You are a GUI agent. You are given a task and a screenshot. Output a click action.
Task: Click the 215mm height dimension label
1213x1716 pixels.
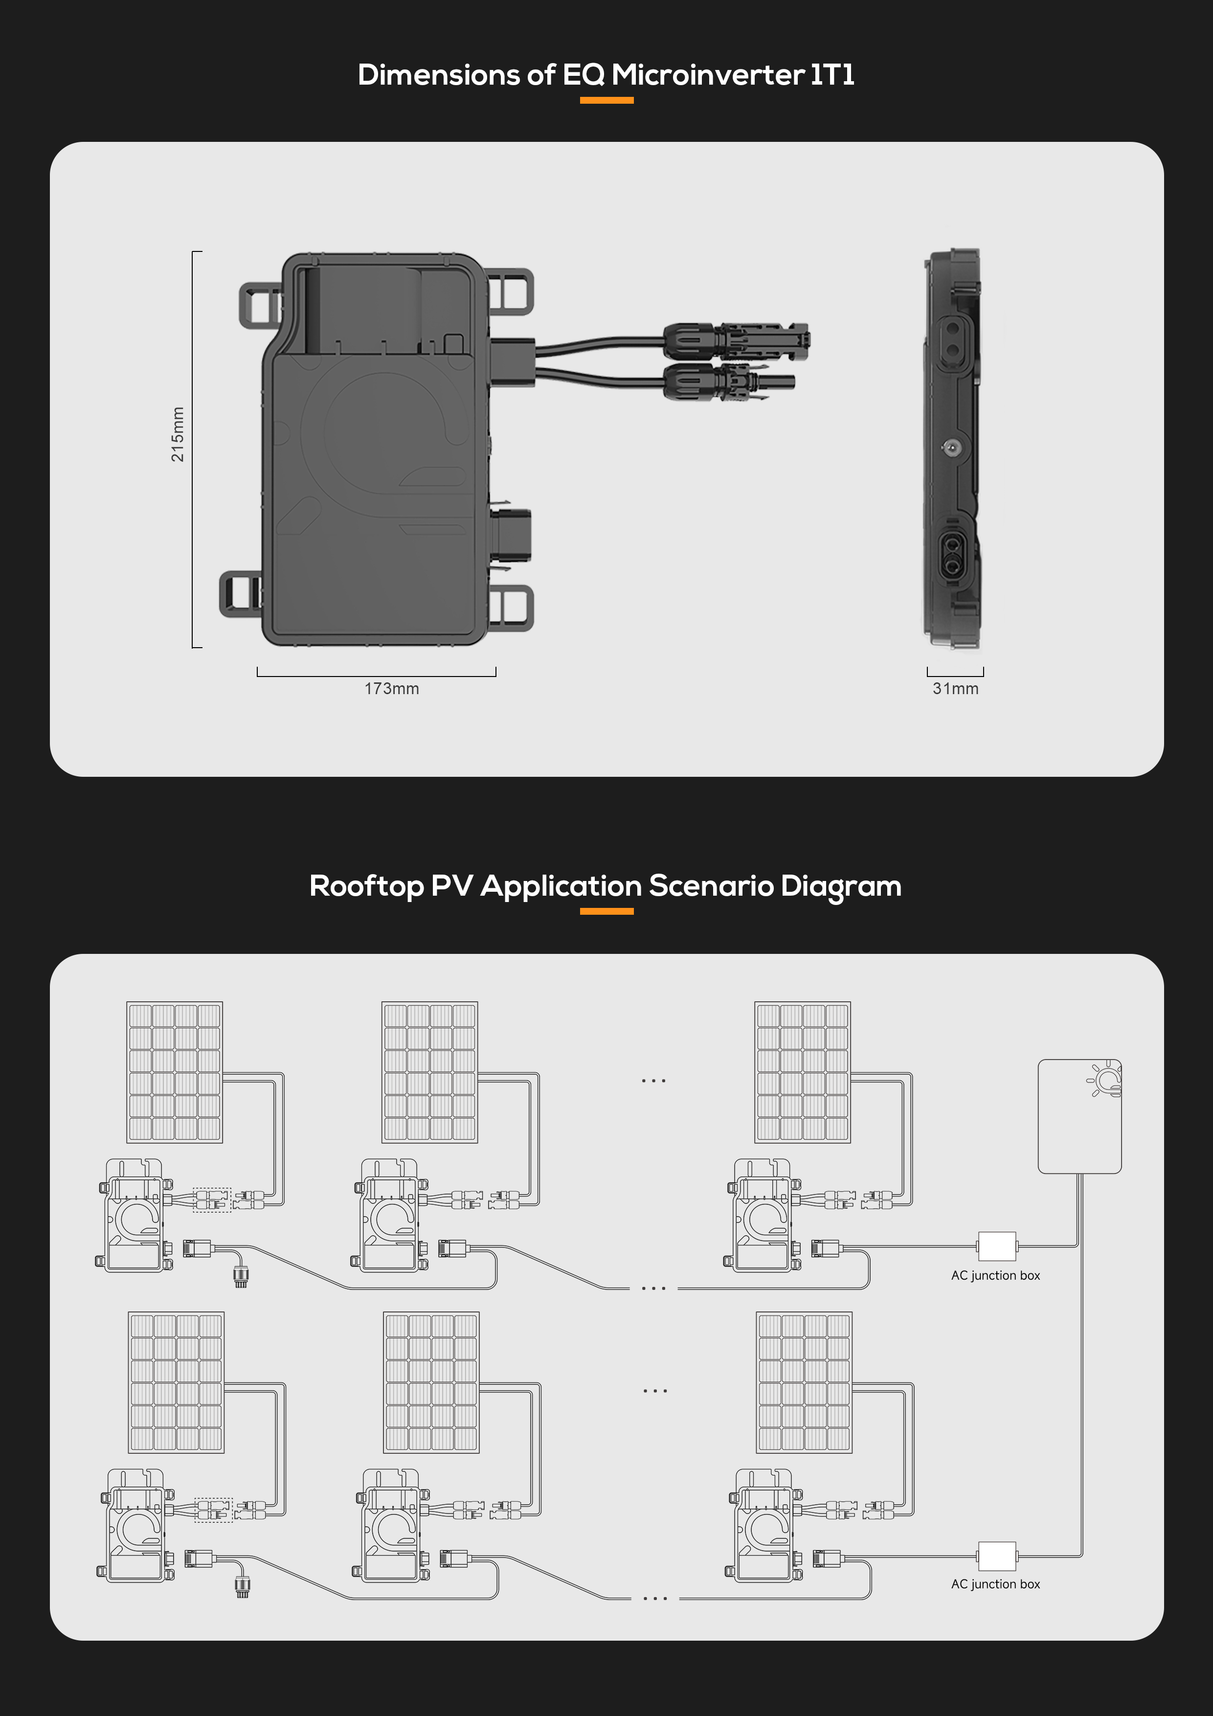(x=177, y=434)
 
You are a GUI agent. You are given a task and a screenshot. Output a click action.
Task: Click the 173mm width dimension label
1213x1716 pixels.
(x=392, y=688)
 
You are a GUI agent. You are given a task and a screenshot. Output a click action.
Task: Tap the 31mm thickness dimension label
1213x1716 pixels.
(x=955, y=688)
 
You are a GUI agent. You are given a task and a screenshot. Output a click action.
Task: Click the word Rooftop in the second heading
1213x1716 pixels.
(x=366, y=886)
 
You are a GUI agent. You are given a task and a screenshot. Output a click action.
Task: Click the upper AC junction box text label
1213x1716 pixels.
(x=995, y=1276)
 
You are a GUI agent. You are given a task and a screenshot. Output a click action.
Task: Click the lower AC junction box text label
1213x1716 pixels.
(x=995, y=1584)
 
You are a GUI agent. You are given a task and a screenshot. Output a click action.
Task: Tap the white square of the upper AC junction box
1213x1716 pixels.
(x=997, y=1246)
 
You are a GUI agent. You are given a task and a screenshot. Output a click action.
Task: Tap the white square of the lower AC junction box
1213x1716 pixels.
(x=997, y=1556)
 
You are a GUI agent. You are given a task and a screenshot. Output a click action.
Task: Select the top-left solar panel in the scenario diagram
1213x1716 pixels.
(x=175, y=1072)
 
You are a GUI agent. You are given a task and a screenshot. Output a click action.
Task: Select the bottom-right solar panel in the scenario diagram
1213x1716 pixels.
(x=804, y=1382)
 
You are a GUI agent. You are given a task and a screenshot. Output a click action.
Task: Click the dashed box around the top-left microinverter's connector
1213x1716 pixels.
(x=212, y=1199)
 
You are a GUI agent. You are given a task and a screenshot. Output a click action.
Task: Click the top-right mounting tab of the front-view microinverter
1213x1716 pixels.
(x=511, y=292)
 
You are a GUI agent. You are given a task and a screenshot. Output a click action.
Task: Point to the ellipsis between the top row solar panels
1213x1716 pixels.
(x=653, y=1081)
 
